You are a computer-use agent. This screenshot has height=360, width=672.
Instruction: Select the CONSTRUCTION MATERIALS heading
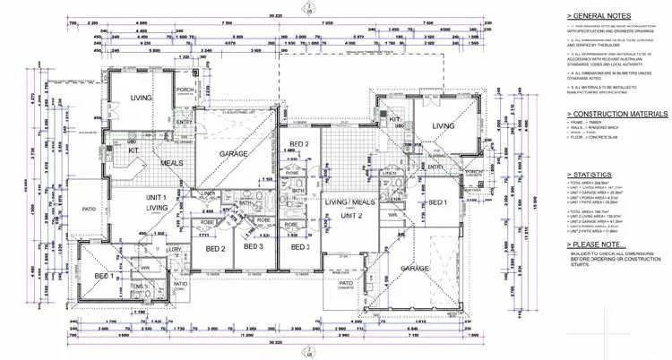(x=618, y=114)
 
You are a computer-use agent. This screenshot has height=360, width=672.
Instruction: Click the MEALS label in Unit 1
(x=173, y=162)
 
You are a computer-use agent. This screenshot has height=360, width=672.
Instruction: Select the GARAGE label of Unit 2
(x=417, y=269)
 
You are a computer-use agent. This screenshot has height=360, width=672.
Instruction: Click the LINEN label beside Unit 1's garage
(x=209, y=193)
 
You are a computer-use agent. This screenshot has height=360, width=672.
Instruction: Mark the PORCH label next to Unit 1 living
(x=186, y=89)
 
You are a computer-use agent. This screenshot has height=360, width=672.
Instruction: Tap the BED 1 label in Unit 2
(x=437, y=203)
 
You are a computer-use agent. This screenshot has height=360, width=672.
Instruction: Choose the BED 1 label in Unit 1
(x=103, y=276)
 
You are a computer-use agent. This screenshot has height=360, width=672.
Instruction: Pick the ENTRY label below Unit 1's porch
(x=183, y=123)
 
